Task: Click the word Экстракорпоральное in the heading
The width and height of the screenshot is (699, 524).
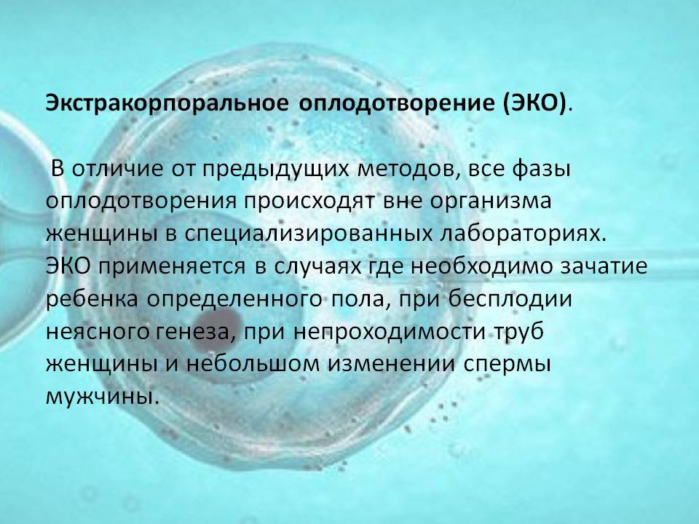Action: (x=167, y=103)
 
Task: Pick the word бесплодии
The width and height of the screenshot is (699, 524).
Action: (x=510, y=298)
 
